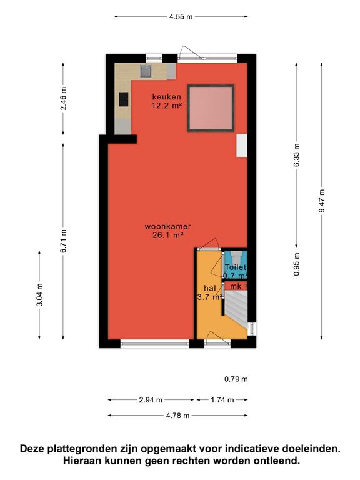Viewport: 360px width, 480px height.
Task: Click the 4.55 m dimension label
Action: point(181,16)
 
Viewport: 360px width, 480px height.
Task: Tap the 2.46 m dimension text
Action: point(63,99)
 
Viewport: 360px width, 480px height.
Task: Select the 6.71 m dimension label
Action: point(63,241)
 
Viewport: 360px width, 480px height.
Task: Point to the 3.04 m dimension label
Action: point(39,295)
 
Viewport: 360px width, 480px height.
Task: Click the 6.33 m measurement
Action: point(296,155)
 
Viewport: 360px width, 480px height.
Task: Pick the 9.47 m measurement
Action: point(321,201)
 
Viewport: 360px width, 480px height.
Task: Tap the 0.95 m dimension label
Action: point(296,264)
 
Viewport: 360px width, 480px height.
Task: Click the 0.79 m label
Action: point(236,379)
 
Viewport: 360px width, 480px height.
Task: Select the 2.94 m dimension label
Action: point(151,400)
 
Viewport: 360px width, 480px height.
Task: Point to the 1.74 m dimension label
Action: point(222,400)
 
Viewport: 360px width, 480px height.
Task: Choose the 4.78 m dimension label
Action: point(178,416)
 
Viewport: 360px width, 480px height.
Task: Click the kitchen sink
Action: point(146,71)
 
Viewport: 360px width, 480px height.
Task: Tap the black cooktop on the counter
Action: point(124,99)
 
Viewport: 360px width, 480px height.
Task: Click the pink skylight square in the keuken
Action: point(211,108)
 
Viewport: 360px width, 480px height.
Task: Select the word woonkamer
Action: point(167,227)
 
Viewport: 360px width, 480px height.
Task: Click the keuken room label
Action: point(167,97)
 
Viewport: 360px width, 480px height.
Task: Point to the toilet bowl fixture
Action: point(236,255)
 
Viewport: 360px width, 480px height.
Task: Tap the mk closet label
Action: point(236,286)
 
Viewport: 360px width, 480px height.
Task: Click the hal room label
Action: point(210,288)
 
